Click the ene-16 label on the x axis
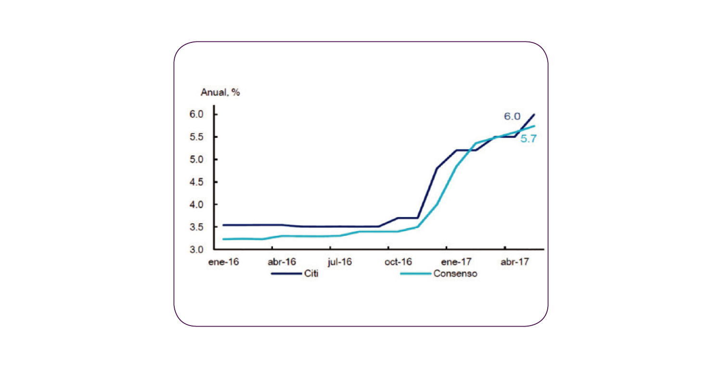click(223, 262)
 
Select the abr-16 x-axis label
click(282, 262)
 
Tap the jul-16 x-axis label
click(340, 262)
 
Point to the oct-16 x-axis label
click(399, 262)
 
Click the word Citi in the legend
click(311, 274)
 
